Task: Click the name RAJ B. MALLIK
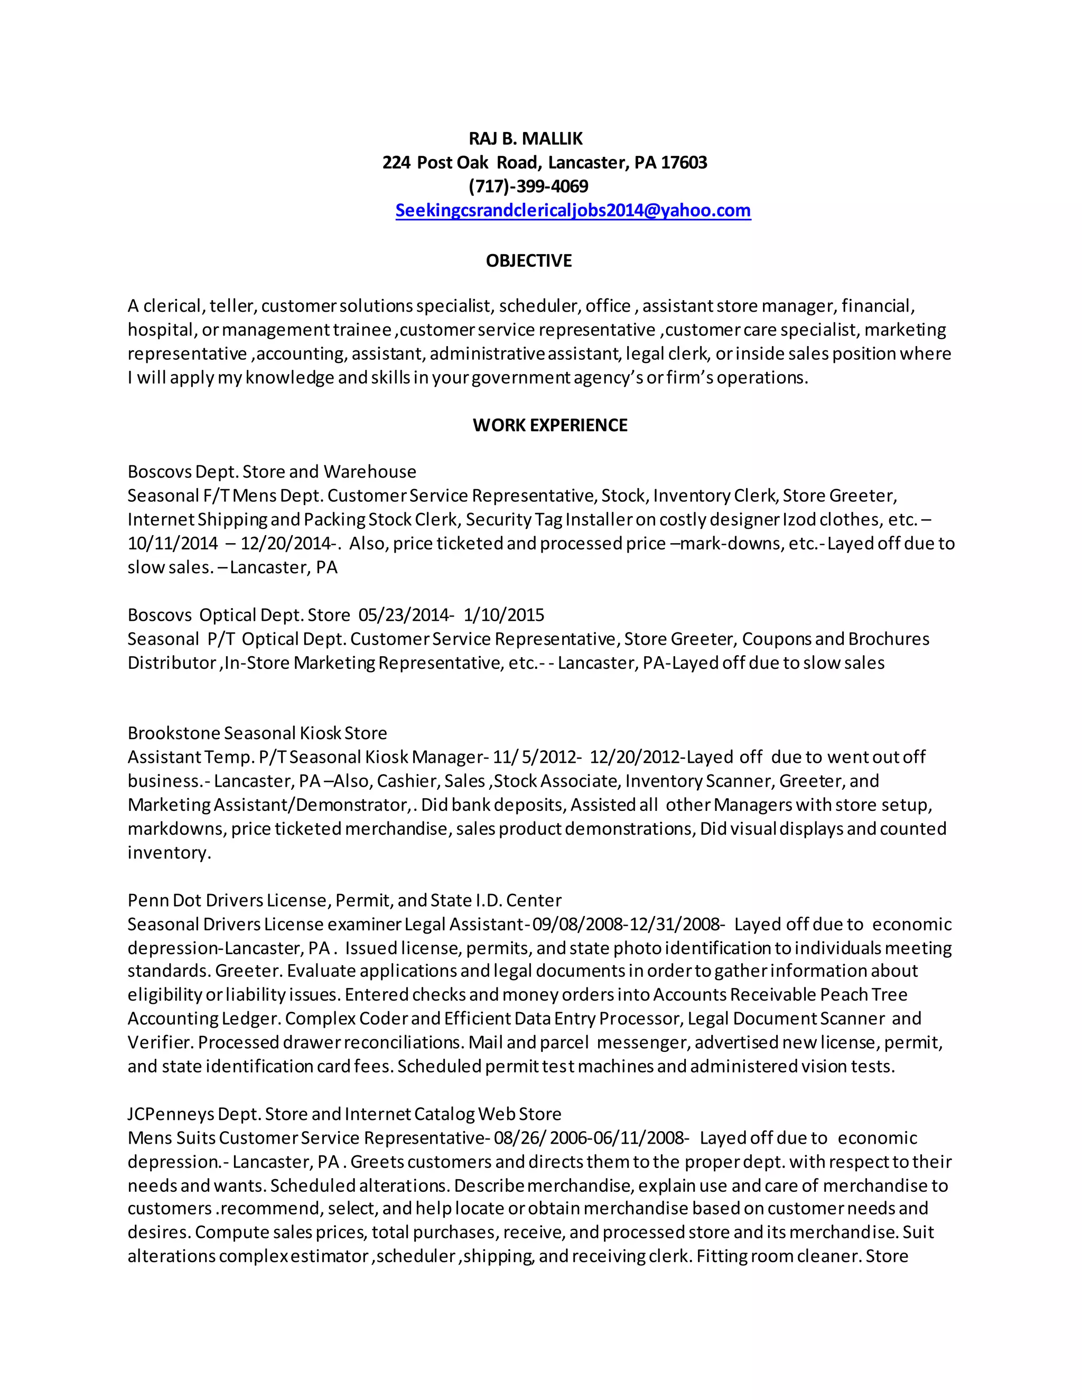(526, 138)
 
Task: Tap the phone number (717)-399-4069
(528, 186)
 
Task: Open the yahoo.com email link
(573, 211)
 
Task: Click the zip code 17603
(684, 163)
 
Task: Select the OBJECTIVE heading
(529, 261)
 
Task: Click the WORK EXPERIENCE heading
(550, 426)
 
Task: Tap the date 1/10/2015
(504, 615)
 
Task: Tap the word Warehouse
(370, 472)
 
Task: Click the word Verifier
(160, 1043)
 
